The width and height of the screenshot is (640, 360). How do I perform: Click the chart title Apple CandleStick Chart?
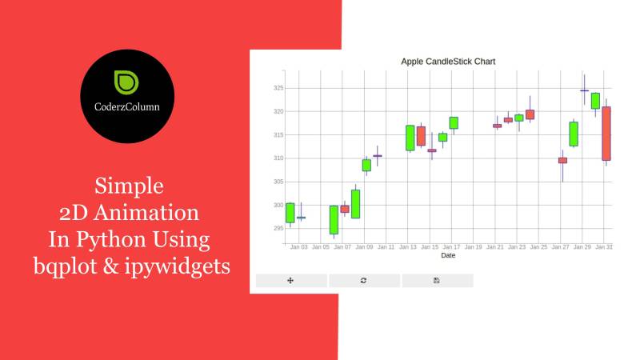pos(448,61)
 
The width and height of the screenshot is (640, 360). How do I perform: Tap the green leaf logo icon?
pos(127,82)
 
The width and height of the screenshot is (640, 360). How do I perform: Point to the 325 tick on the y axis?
pos(278,88)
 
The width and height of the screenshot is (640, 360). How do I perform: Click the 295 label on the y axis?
pos(278,229)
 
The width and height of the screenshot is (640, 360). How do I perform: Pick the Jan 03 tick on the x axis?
pos(299,247)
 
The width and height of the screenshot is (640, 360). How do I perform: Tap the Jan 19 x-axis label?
pos(473,247)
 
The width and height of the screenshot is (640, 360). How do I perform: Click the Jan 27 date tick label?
pos(560,247)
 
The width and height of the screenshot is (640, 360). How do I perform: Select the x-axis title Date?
pos(448,256)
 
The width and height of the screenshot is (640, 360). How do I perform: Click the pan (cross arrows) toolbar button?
pos(290,280)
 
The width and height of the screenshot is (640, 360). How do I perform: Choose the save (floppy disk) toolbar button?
pos(437,280)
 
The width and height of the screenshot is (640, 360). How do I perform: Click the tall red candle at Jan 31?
pos(606,134)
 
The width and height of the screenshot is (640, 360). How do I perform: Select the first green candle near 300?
pos(290,213)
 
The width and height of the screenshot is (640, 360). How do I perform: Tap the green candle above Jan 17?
pos(454,122)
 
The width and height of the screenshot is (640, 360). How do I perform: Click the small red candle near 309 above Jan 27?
pos(562,160)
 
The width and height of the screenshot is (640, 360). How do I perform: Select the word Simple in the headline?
pos(130,187)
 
